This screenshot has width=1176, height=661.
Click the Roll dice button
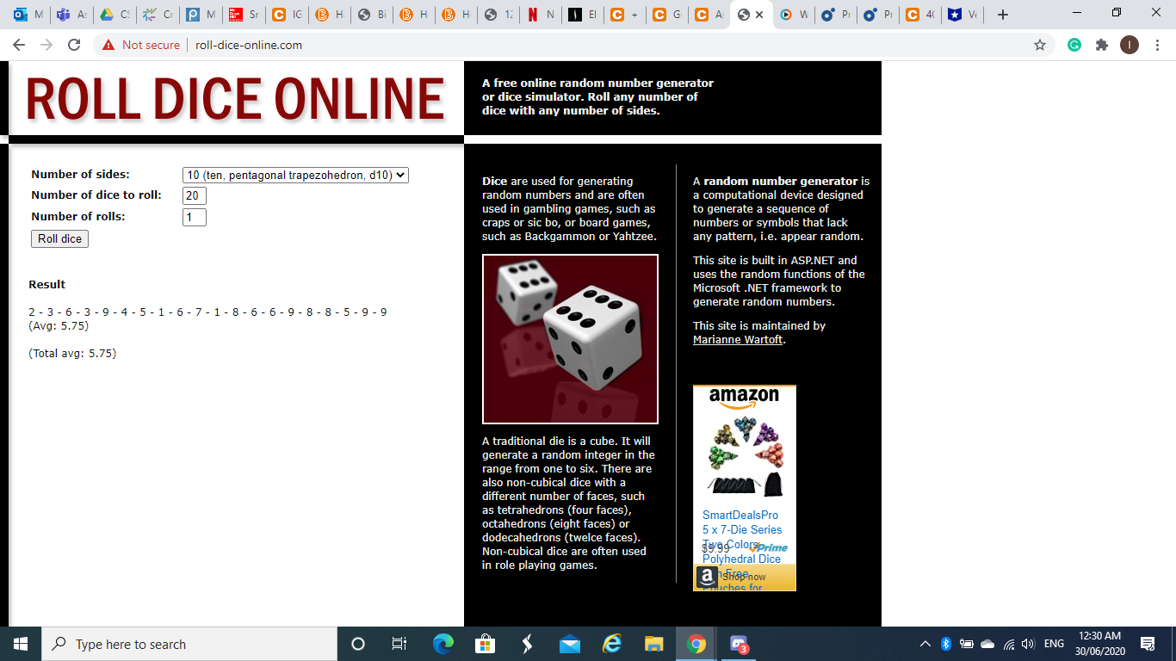[x=59, y=238]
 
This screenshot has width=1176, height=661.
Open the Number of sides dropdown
[x=295, y=175]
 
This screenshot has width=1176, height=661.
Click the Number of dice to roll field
[x=194, y=195]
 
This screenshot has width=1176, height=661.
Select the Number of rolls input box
[x=194, y=217]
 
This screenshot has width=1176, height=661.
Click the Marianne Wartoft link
[x=738, y=339]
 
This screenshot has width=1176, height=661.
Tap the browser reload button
[x=74, y=45]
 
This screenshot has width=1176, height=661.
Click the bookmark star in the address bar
[x=1040, y=45]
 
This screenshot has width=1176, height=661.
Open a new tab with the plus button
[x=1002, y=15]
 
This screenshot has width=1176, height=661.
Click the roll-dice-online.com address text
[x=248, y=45]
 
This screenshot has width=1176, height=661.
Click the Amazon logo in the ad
[x=744, y=397]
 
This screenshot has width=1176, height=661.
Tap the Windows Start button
[x=21, y=644]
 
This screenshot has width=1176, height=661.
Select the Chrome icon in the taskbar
[x=696, y=644]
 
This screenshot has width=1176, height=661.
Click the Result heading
[x=46, y=284]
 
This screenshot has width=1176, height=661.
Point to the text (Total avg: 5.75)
[x=72, y=353]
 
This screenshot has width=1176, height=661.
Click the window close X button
[x=1155, y=13]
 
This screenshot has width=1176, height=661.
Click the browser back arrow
[x=19, y=45]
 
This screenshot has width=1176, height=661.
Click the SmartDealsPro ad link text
[x=740, y=515]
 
